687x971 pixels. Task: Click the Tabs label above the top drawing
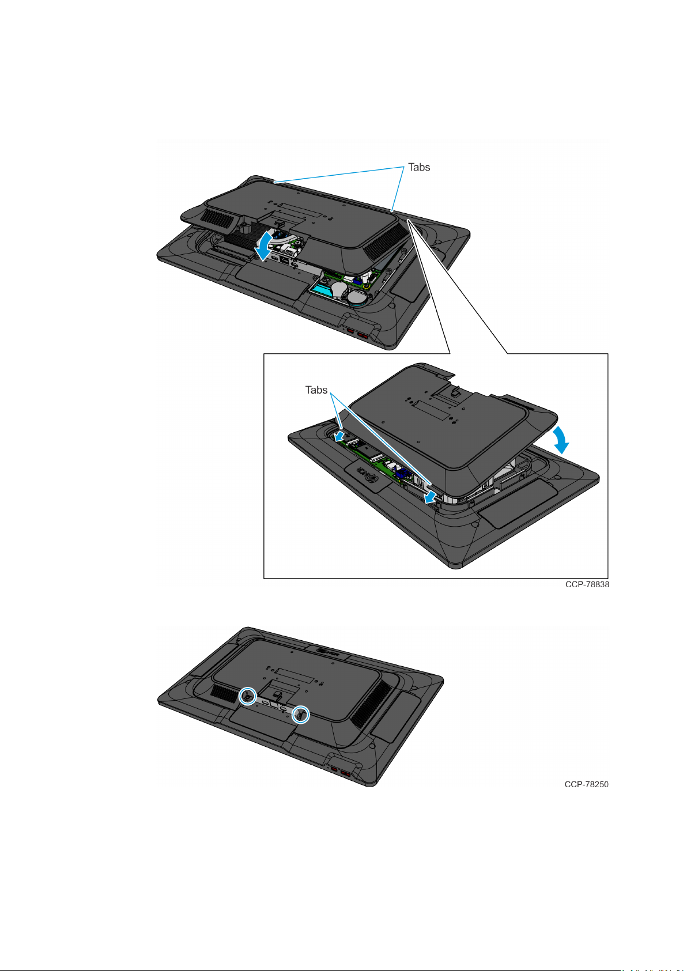coord(418,167)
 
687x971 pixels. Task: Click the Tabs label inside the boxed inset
coord(316,390)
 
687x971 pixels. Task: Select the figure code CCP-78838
coord(587,584)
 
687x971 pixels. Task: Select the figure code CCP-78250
coord(587,784)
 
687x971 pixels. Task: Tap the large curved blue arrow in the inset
coord(561,440)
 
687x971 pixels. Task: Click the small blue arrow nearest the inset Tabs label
coord(340,435)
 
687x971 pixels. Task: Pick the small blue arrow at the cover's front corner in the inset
coord(431,497)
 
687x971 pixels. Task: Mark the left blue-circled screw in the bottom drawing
coord(248,696)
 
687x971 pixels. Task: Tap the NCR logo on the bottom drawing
coord(328,652)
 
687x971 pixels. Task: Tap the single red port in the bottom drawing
coord(334,769)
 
